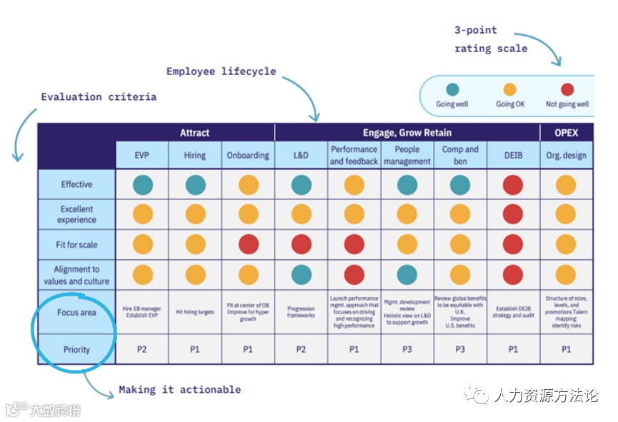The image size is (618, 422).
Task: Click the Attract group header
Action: click(x=194, y=132)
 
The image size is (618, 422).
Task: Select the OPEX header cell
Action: click(x=566, y=132)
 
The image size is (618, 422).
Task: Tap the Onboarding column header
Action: click(x=248, y=155)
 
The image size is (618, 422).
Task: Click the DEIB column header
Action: click(x=513, y=155)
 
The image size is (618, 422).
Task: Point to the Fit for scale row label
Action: click(x=76, y=244)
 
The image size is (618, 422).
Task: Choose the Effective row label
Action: click(x=76, y=184)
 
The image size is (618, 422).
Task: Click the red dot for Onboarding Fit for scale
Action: click(x=248, y=244)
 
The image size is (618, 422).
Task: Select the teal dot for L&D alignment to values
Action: click(x=301, y=274)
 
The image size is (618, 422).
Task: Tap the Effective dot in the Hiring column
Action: click(x=195, y=185)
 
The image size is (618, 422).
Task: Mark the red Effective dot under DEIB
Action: click(x=513, y=185)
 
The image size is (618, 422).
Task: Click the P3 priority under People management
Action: click(x=407, y=349)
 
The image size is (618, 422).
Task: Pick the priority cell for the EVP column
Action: click(x=142, y=349)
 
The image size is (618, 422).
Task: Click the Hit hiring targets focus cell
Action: click(x=195, y=312)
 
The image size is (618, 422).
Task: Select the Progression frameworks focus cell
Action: click(x=301, y=312)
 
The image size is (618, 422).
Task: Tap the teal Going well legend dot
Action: click(x=452, y=89)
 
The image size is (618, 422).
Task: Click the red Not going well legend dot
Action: click(x=567, y=89)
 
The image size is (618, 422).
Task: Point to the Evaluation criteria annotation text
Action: click(x=99, y=96)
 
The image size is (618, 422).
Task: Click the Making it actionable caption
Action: click(x=179, y=390)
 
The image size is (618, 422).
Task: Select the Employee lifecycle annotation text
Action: click(x=221, y=71)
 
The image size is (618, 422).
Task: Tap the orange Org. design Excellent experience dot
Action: click(x=566, y=214)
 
